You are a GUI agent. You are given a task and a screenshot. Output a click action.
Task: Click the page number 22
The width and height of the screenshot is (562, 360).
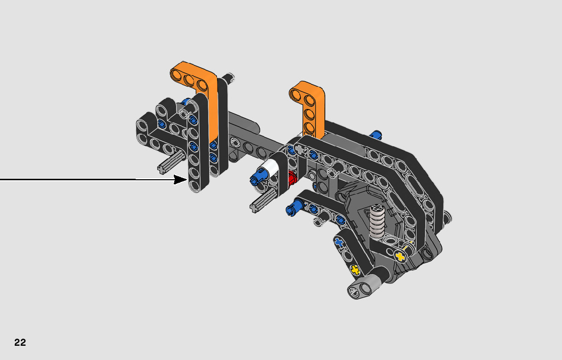click(20, 342)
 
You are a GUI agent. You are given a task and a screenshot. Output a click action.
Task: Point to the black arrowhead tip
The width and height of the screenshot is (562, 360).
click(186, 179)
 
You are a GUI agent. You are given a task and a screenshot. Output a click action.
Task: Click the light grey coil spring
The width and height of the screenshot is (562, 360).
click(377, 221)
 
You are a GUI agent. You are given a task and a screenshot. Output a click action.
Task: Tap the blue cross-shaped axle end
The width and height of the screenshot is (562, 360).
click(339, 243)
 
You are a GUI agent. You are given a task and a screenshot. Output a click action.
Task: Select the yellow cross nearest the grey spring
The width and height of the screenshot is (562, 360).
click(400, 256)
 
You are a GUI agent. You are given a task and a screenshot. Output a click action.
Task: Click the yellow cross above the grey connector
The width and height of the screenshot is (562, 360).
click(355, 270)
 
